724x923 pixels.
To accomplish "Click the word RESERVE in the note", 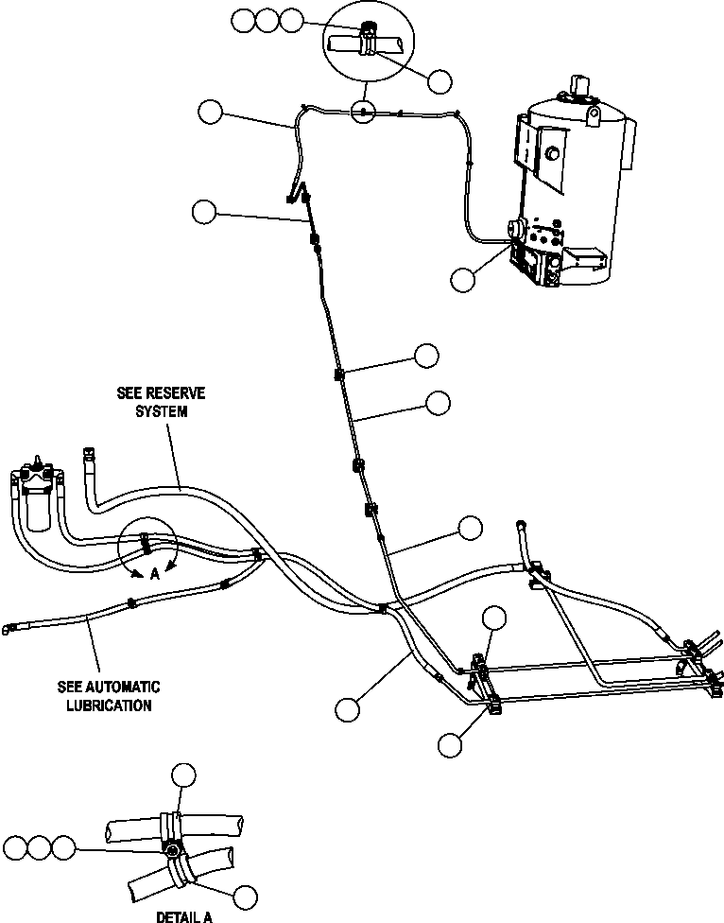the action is (x=175, y=392).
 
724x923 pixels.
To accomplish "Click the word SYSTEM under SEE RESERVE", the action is (x=161, y=410).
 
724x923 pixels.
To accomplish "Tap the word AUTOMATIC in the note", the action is (x=122, y=687).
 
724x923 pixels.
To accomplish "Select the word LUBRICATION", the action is (x=109, y=705).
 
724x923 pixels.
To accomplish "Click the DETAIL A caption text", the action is (x=184, y=916).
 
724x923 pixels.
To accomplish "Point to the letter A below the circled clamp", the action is (x=154, y=575).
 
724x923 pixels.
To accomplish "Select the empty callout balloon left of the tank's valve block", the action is (x=463, y=280).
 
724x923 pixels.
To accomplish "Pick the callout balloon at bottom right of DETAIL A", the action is (x=245, y=897).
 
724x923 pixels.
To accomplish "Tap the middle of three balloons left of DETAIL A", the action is (x=40, y=847).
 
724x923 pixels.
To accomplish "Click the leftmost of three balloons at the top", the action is (x=244, y=21).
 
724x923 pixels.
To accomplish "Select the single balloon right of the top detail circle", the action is (x=440, y=81).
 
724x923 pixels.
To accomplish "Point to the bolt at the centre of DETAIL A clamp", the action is (x=172, y=849).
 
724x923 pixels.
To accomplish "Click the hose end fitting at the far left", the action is (x=9, y=630).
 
